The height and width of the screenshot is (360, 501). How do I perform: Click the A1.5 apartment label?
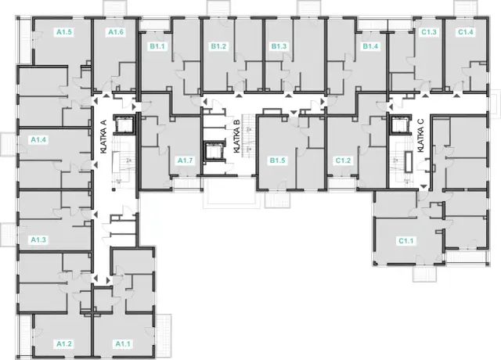tap(64, 32)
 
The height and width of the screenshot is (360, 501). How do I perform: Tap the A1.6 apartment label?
tap(116, 32)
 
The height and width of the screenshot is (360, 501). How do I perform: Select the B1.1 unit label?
tap(157, 46)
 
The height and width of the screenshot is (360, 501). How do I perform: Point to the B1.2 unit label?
tap(218, 46)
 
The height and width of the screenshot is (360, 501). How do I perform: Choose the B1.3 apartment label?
tap(279, 46)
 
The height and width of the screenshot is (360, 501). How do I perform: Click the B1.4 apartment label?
tap(370, 46)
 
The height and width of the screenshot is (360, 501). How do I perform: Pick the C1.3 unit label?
tap(429, 32)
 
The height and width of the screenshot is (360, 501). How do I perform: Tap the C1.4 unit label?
tap(466, 32)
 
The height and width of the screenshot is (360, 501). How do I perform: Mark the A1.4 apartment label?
tap(38, 139)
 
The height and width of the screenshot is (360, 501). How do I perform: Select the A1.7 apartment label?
tap(186, 160)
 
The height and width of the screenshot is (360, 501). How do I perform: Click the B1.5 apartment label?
tap(277, 160)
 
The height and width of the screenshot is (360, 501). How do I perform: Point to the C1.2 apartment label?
tap(343, 160)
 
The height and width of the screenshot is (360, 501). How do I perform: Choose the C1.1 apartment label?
tap(405, 240)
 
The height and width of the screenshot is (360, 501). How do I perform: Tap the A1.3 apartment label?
tap(38, 239)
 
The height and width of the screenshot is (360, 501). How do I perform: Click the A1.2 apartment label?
tap(64, 344)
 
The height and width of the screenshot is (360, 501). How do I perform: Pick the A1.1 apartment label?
tap(123, 344)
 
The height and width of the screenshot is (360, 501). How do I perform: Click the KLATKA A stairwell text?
tap(103, 138)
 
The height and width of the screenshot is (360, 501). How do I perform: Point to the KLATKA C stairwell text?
tap(420, 135)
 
